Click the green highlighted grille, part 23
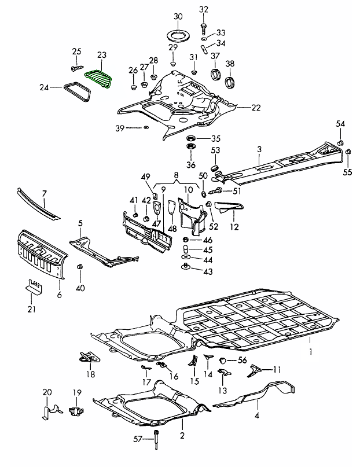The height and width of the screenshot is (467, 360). [98, 78]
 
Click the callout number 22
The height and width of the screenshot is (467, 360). [256, 108]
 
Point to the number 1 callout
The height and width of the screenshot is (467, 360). [310, 351]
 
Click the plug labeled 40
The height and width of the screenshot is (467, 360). [80, 267]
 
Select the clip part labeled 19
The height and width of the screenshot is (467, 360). [75, 411]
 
